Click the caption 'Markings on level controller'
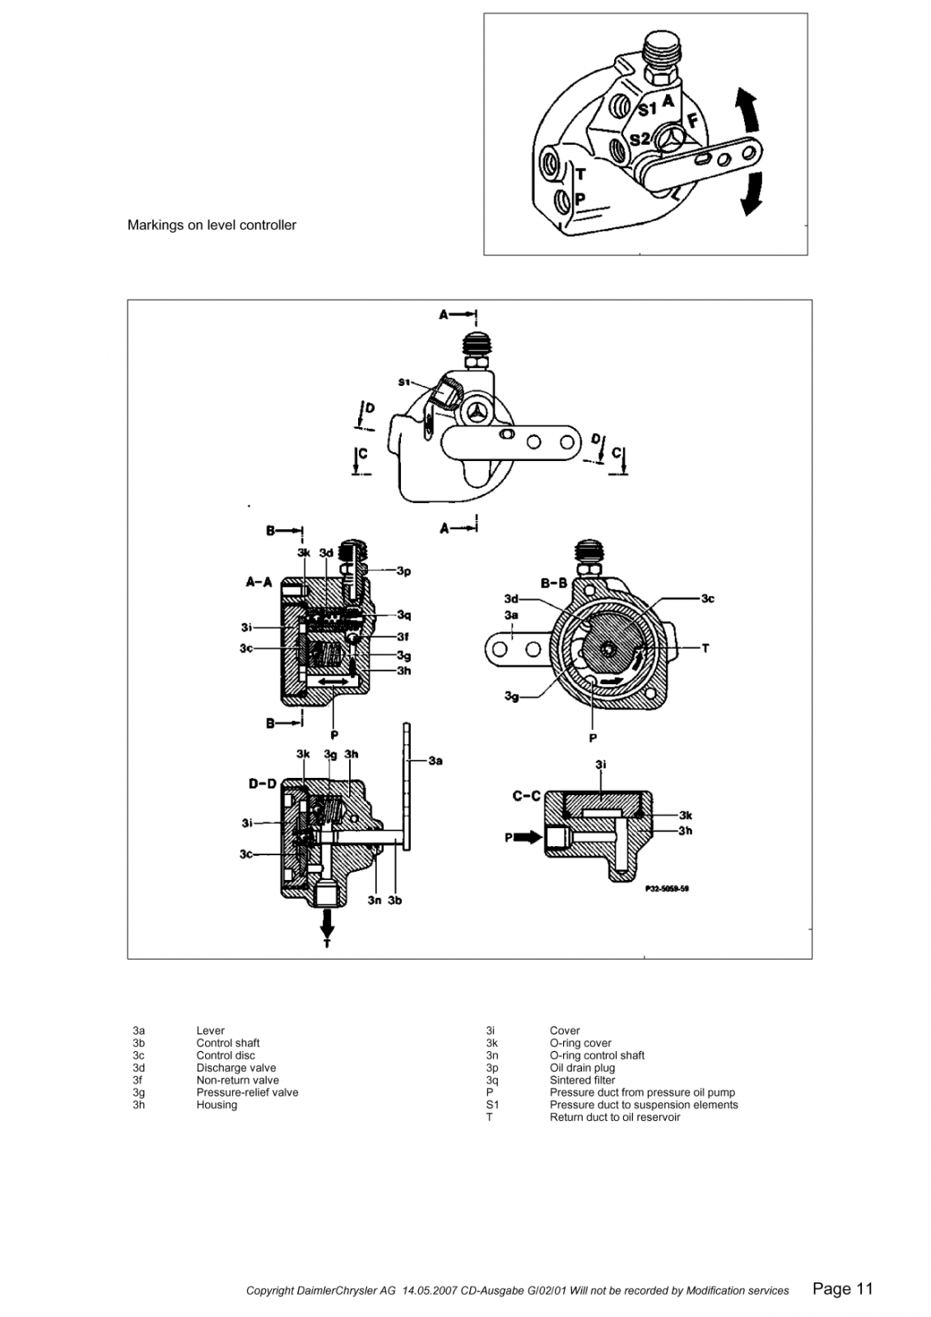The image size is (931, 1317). tap(212, 226)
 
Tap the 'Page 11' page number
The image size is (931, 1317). tap(842, 1288)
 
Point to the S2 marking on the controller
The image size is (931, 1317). tap(640, 139)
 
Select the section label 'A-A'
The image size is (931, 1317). tap(258, 582)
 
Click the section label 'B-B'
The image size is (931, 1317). tap(554, 583)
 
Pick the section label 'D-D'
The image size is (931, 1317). tap(263, 784)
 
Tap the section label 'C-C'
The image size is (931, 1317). tap(526, 796)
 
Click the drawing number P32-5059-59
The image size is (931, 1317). tap(667, 889)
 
